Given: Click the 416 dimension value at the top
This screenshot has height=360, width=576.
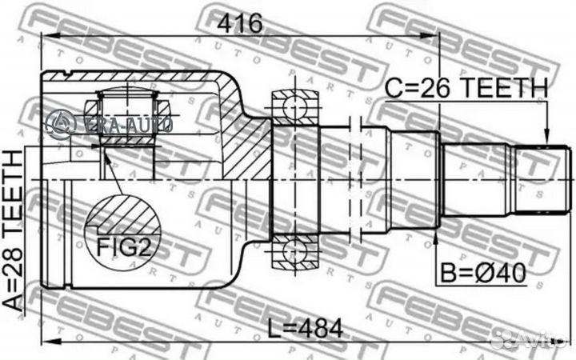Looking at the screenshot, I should click(241, 25).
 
